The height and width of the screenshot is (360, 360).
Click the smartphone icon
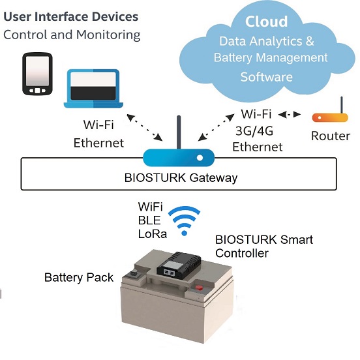(x=37, y=74)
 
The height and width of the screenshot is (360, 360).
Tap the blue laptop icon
(x=93, y=89)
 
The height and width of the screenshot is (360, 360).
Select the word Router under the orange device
(x=331, y=136)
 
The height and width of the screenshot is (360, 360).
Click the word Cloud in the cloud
(x=266, y=22)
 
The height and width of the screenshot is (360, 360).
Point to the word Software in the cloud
(x=267, y=77)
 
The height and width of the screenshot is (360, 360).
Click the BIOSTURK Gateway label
(x=181, y=177)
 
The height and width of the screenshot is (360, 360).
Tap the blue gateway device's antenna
(x=179, y=132)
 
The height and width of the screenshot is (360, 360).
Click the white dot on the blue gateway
(x=200, y=158)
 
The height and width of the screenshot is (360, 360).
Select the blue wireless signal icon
(x=184, y=220)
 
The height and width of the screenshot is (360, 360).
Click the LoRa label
(x=153, y=234)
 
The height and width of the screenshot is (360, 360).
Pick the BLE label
(x=149, y=220)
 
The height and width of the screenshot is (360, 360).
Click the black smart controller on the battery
(x=179, y=263)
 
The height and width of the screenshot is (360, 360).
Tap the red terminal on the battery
(x=199, y=287)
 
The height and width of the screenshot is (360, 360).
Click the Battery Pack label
(x=79, y=277)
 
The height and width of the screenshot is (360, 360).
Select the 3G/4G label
(x=254, y=131)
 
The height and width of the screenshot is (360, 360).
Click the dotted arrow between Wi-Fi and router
(x=290, y=114)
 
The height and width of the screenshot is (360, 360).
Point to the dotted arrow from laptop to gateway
(x=145, y=127)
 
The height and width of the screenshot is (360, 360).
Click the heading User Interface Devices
(x=71, y=16)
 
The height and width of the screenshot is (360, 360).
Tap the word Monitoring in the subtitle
(x=108, y=35)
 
